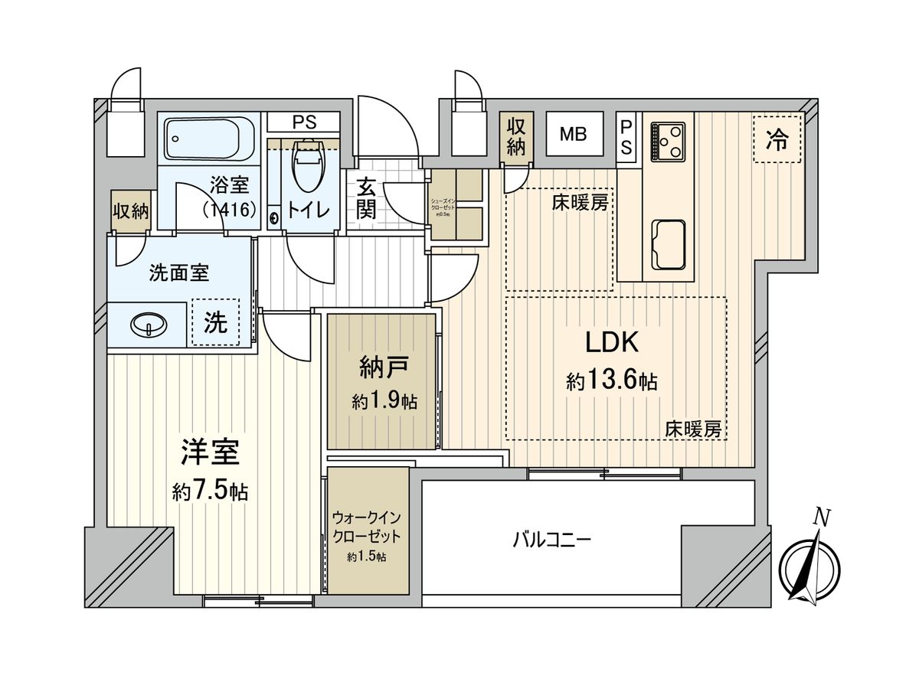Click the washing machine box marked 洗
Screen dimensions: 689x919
click(x=215, y=323)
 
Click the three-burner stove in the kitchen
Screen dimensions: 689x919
click(x=667, y=141)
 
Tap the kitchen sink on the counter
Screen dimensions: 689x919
click(x=668, y=243)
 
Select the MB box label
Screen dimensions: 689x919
click(x=572, y=135)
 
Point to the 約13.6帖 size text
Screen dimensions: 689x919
click(x=611, y=380)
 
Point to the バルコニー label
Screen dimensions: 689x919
click(x=551, y=540)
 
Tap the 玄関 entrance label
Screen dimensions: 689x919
click(x=366, y=198)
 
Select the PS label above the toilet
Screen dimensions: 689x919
click(x=303, y=120)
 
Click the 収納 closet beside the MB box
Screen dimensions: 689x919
click(x=515, y=136)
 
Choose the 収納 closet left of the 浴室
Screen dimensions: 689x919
click(x=130, y=211)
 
